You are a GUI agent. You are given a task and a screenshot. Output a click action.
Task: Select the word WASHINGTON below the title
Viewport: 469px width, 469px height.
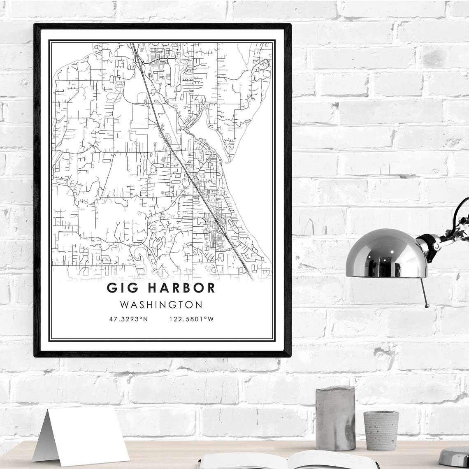161,305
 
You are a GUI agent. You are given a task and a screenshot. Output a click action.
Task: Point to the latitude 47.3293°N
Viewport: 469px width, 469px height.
128,319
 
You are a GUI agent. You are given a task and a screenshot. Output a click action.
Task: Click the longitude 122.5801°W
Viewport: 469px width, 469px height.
191,319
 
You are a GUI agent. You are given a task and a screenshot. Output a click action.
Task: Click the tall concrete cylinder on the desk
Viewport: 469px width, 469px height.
335,418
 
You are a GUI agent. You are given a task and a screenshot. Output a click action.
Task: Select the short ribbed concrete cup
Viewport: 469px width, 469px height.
381,430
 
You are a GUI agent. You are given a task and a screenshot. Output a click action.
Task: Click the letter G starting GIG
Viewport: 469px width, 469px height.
111,288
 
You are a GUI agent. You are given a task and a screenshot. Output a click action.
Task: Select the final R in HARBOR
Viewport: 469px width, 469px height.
210,288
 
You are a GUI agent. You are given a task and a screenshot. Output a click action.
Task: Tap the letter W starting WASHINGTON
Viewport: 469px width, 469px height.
124,305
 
